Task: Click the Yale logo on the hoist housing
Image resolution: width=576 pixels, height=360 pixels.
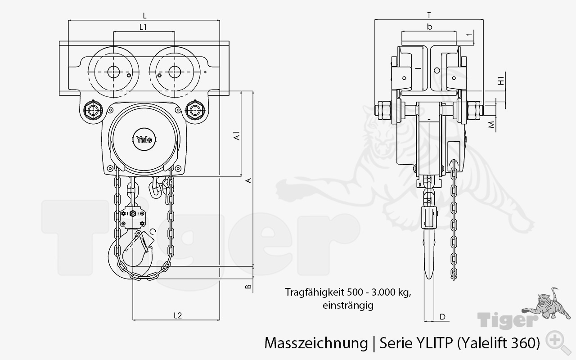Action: (144, 139)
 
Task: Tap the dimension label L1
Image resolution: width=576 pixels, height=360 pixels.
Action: (144, 27)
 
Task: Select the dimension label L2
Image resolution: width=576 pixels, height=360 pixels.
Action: (177, 315)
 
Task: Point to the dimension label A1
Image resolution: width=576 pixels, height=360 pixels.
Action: (237, 136)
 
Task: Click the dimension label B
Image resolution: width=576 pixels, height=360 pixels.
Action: (247, 286)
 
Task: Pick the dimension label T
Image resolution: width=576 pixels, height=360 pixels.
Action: (429, 15)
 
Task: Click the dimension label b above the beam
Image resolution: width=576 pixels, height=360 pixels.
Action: (430, 27)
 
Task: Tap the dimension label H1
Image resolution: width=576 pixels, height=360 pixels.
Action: (500, 81)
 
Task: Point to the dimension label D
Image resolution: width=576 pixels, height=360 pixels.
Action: (442, 317)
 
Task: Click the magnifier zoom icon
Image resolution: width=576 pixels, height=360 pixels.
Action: (556, 339)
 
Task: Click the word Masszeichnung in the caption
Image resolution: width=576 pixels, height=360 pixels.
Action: (315, 343)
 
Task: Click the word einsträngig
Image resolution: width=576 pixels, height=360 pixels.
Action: (348, 305)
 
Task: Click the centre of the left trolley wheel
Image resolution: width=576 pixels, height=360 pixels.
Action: (111, 72)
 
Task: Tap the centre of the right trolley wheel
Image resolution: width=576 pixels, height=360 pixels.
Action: (174, 72)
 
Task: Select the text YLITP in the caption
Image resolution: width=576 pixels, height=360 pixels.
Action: (432, 343)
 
